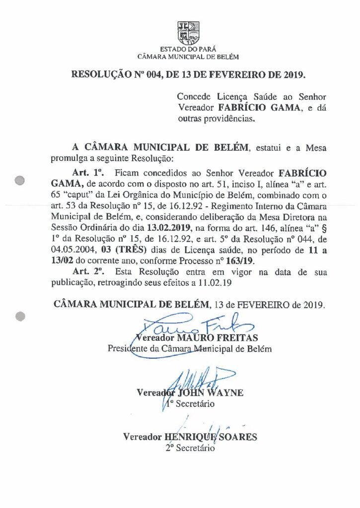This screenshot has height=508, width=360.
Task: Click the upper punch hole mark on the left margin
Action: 20,181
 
